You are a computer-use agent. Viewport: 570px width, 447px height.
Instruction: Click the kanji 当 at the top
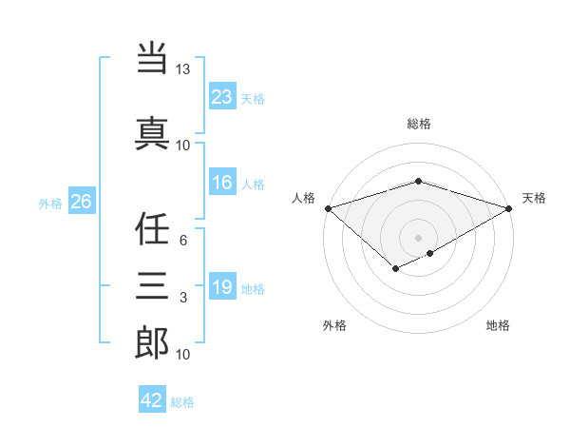click(153, 58)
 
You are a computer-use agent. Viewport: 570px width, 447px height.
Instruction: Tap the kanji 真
click(153, 131)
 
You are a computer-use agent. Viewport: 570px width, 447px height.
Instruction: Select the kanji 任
click(153, 228)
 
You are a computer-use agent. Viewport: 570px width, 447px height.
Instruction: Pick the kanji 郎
click(153, 343)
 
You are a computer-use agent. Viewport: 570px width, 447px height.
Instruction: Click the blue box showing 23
click(222, 97)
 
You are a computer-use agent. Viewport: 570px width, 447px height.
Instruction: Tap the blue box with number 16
click(222, 184)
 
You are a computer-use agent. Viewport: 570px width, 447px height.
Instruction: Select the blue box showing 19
click(222, 287)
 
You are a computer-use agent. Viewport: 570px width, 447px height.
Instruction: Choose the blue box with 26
click(81, 202)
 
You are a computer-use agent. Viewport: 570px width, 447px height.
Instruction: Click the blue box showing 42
click(152, 400)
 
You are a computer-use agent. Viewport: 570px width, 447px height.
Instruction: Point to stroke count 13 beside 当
click(182, 70)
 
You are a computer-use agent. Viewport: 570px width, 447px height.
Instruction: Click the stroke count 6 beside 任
click(182, 242)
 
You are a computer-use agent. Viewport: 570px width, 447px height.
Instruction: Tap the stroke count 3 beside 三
click(182, 299)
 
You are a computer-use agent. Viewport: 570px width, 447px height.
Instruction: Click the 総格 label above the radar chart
click(418, 124)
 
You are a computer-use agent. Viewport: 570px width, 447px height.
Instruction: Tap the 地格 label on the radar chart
click(498, 326)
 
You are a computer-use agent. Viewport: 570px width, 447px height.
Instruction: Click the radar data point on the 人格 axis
click(328, 208)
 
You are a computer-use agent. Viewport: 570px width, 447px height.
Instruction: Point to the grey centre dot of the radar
click(418, 237)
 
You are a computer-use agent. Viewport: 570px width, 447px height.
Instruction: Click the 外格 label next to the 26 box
click(50, 203)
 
